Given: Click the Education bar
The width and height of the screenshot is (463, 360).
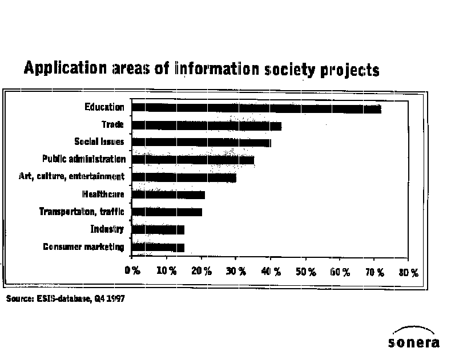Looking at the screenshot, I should tap(256, 108).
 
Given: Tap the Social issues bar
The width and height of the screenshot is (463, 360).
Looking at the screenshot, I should tap(201, 143).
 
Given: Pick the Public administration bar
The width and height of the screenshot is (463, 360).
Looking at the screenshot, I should tap(192, 160).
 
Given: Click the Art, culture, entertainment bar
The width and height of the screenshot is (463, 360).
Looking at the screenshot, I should tap(183, 177).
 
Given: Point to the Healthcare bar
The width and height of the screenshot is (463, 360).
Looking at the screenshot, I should tap(168, 195).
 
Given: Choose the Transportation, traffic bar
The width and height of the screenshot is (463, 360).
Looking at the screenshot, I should tap(166, 212).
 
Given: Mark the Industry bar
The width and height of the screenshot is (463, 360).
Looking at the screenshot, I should tap(158, 230).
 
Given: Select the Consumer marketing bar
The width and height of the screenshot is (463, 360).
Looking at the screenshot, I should tap(158, 247).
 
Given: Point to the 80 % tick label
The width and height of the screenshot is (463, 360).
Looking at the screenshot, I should tap(409, 272).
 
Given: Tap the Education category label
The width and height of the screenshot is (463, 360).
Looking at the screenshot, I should tap(104, 107).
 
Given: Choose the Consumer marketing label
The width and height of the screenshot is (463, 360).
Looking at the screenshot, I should tap(83, 247).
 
